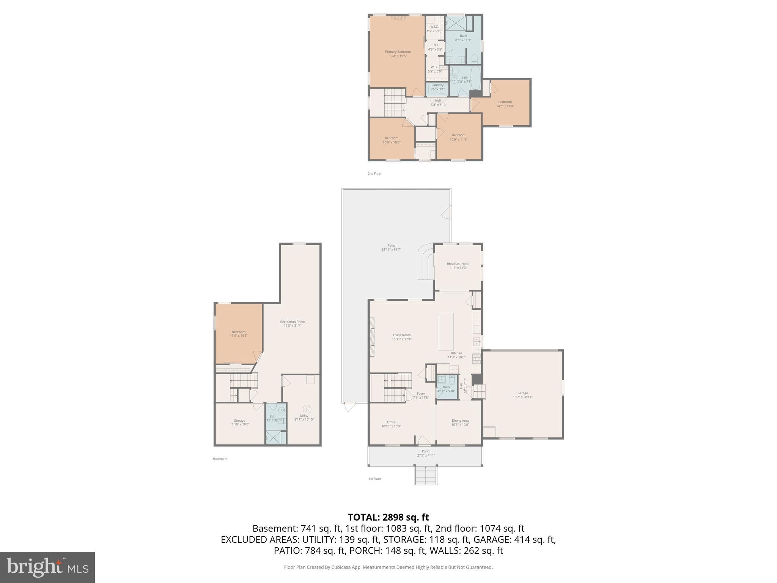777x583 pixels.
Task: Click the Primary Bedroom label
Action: pos(398,54)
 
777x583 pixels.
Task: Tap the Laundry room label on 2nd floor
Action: pos(437,87)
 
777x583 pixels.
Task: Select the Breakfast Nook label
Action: pos(458,266)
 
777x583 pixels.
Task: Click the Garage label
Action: pos(522,395)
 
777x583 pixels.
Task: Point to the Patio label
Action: pos(391,247)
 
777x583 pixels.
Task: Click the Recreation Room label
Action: pos(293,324)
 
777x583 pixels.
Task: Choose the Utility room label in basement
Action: pos(304,418)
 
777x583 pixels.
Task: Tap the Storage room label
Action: pos(239,422)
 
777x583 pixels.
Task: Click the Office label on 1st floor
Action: pos(391,424)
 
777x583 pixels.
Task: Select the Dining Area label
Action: pos(460,422)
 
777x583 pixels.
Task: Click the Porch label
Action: pos(426,453)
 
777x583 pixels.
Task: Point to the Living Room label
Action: pos(401,337)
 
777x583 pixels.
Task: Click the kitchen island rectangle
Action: pos(445,331)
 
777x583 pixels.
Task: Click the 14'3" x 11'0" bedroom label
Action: pos(505,104)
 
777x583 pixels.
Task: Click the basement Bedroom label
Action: pos(239,334)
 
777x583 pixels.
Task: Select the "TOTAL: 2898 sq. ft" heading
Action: pos(388,517)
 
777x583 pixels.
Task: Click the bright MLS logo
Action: pos(47,567)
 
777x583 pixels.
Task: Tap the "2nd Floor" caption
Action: pos(374,173)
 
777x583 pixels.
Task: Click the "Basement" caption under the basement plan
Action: pos(220,459)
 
